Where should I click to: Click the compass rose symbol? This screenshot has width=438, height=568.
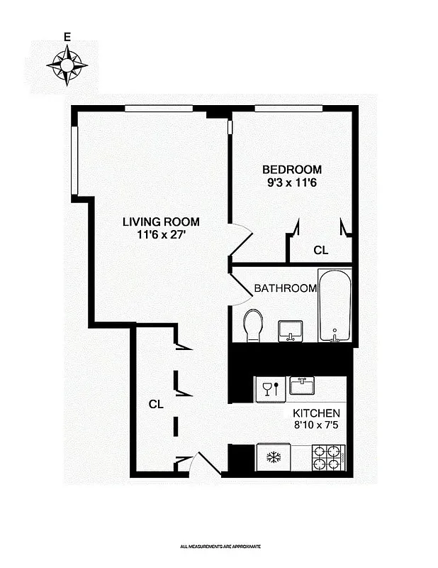[x=67, y=65]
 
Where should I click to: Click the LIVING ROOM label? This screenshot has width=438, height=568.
[x=161, y=221]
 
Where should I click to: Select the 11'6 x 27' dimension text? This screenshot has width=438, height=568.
[x=161, y=235]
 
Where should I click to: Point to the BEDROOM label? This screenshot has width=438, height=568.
[x=292, y=170]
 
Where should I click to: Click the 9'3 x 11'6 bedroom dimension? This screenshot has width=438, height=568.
[x=292, y=183]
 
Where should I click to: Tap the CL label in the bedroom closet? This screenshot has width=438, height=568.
[x=321, y=250]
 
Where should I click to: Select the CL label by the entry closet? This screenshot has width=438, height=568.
[x=156, y=404]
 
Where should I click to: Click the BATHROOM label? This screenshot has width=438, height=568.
[x=285, y=288]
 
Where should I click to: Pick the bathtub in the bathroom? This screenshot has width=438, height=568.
[x=334, y=305]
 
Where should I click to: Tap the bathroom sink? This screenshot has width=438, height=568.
[x=291, y=329]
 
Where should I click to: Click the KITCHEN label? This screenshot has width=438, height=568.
[x=317, y=413]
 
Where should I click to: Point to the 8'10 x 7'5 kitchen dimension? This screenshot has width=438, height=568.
[x=317, y=427]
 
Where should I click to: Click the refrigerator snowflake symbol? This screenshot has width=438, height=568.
[x=273, y=457]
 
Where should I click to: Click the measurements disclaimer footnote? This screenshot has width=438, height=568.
[x=220, y=546]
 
